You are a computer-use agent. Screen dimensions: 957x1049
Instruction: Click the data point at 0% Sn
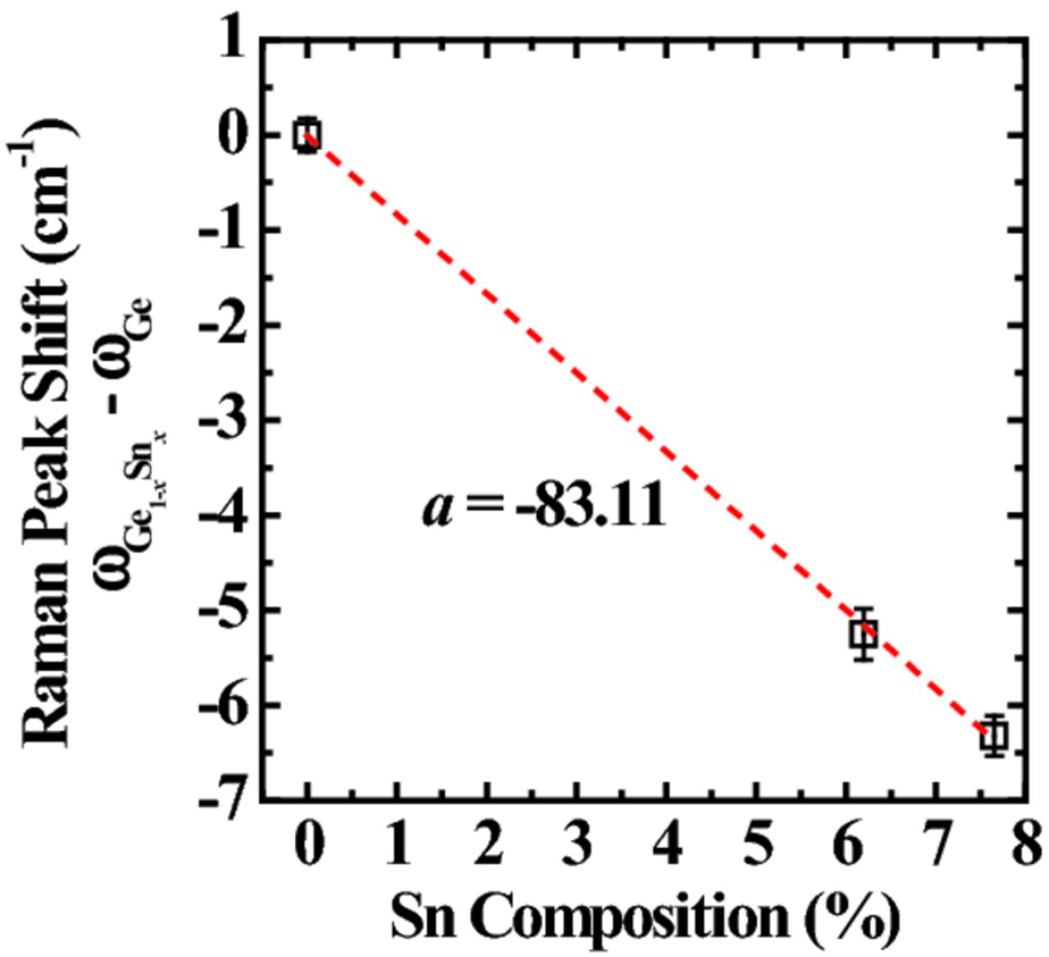click(x=307, y=134)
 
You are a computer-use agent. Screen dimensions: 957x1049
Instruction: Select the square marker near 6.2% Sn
click(x=864, y=633)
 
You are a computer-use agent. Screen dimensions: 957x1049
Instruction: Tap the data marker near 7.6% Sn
click(x=994, y=735)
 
